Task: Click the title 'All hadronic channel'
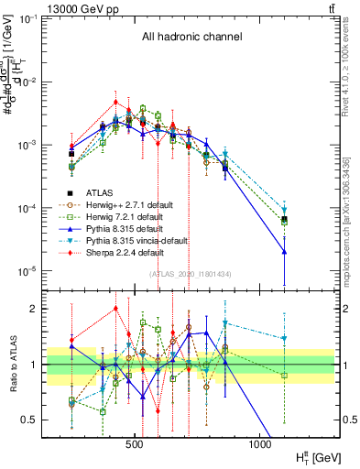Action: [x=191, y=37]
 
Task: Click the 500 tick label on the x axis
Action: [x=135, y=443]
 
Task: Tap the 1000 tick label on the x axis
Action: [x=259, y=443]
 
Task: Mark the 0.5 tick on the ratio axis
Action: [x=50, y=420]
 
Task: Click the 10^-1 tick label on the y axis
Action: [x=41, y=18]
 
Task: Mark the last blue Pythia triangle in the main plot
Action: [x=284, y=251]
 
